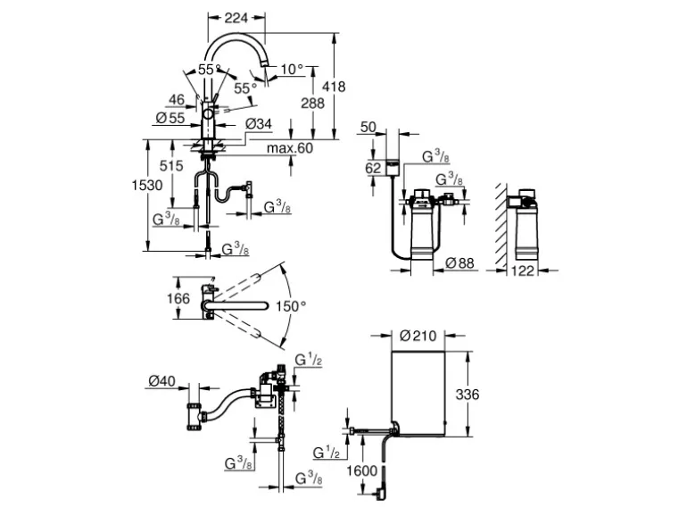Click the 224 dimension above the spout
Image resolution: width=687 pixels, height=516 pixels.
tap(236, 18)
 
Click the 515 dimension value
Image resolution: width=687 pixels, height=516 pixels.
tap(171, 166)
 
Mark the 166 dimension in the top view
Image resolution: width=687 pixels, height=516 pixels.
tap(179, 299)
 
